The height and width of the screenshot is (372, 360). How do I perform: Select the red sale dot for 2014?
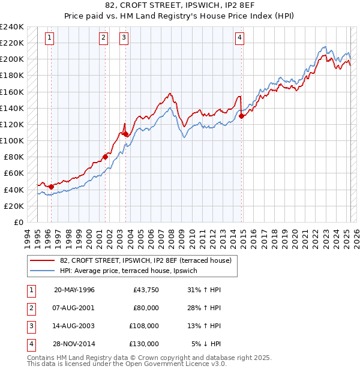(241, 116)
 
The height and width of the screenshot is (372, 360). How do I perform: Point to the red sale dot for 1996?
(51, 187)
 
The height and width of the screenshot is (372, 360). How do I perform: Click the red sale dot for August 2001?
(105, 157)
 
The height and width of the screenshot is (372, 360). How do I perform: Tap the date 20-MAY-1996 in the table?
(74, 290)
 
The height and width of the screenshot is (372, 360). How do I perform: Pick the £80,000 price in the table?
(146, 308)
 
